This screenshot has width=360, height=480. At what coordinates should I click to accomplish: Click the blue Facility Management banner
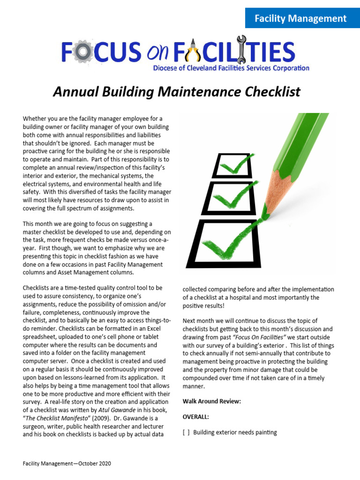coord(300,19)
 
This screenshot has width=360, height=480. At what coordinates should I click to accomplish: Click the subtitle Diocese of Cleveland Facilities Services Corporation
coord(231,68)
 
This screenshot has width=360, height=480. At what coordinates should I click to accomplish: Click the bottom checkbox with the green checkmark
coord(221,241)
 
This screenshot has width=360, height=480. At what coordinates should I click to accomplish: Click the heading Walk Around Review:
coord(212,402)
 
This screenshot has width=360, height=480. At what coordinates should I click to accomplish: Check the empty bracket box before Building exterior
coord(186,433)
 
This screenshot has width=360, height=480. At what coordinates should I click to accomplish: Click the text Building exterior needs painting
coord(235,433)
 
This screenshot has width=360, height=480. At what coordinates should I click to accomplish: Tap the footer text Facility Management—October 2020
coord(67,464)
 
